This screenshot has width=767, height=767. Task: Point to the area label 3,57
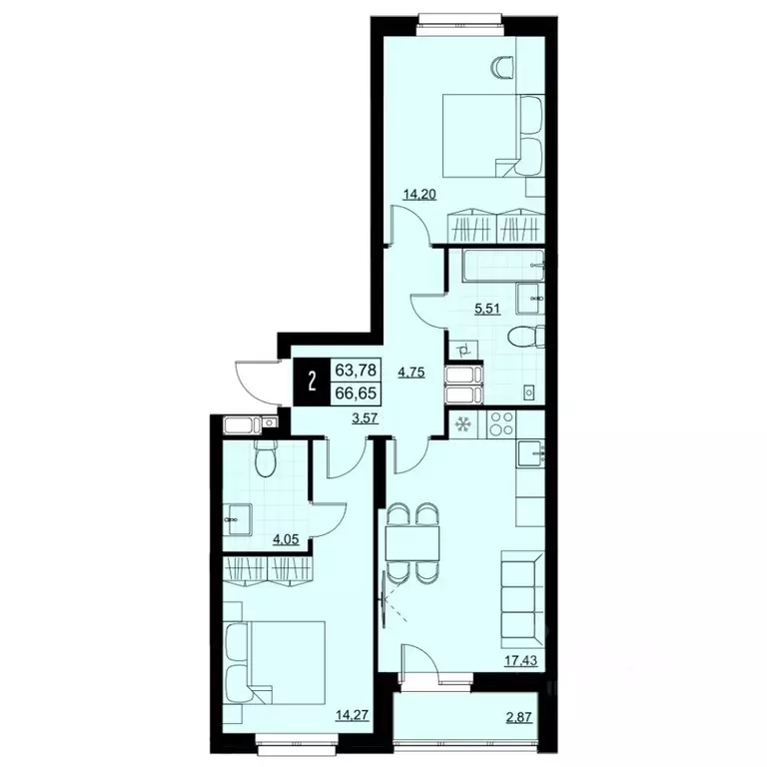click(x=365, y=418)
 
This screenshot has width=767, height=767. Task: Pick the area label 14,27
click(x=349, y=713)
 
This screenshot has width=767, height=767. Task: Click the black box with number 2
click(x=312, y=380)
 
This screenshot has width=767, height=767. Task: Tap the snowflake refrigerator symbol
click(x=462, y=425)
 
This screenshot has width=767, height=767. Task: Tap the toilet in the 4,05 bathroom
click(x=264, y=460)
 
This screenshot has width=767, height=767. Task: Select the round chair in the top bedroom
click(x=502, y=67)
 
